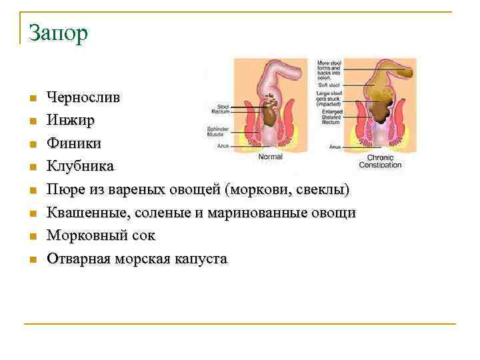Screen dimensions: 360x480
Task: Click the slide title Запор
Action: click(x=58, y=33)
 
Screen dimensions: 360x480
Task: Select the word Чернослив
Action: click(x=83, y=97)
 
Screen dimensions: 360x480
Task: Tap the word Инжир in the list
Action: click(x=70, y=121)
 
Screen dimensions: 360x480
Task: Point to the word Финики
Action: click(x=74, y=143)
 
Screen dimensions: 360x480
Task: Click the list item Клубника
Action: click(x=80, y=166)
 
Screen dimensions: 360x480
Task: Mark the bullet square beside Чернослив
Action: click(x=31, y=99)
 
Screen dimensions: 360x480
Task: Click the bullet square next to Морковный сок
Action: click(x=31, y=237)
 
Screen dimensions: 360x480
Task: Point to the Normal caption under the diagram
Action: click(x=270, y=157)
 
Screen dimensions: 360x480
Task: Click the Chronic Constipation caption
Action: click(x=380, y=161)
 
